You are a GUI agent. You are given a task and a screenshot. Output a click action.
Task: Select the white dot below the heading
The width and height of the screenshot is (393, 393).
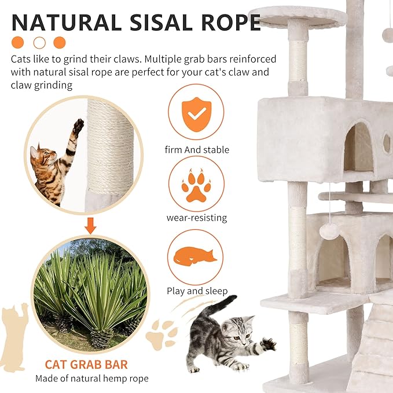click(x=39, y=42)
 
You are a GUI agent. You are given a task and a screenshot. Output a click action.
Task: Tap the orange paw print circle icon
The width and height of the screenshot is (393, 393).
click(x=197, y=183)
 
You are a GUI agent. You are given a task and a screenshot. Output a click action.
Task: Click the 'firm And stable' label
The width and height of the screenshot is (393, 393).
click(x=197, y=150)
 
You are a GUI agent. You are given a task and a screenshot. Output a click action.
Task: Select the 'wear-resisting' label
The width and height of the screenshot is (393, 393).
click(x=197, y=218)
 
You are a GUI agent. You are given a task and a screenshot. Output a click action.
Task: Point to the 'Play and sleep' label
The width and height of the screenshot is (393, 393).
click(x=197, y=291)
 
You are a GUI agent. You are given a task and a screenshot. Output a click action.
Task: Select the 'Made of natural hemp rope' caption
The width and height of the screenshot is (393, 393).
click(x=91, y=379)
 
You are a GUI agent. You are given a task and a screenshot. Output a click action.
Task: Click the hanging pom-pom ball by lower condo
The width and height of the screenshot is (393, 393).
click(x=329, y=231)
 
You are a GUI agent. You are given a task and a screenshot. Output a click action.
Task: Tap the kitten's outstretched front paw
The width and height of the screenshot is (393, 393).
click(x=268, y=344)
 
